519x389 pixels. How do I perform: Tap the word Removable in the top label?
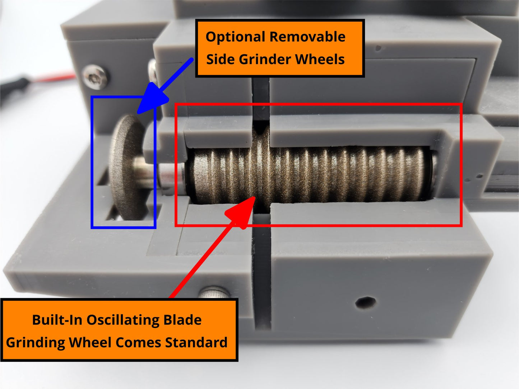[x=307, y=37]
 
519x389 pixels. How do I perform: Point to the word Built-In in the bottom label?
[x=57, y=320]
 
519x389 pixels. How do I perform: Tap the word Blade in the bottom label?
[x=182, y=320]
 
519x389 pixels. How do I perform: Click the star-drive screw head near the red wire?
[x=96, y=77]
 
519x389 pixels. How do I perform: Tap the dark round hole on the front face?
[x=366, y=303]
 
